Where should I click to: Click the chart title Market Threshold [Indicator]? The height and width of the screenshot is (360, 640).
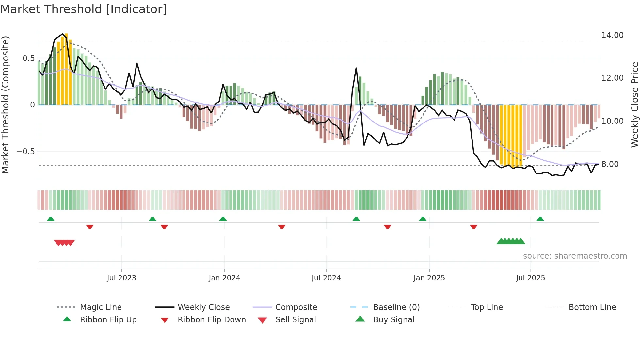(x=84, y=9)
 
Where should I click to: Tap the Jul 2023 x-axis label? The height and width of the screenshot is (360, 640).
(x=121, y=278)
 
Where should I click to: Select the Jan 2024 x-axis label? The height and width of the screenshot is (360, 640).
(x=224, y=278)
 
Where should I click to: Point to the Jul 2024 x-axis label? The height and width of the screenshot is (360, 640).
(x=326, y=278)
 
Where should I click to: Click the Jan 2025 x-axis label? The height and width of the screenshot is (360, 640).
(x=429, y=278)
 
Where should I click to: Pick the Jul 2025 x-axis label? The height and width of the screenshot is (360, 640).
(x=531, y=278)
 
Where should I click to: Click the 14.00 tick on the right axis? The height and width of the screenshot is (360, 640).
(x=612, y=35)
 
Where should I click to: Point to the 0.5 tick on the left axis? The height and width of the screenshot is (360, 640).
(x=28, y=58)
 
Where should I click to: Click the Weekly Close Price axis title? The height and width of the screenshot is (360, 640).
(x=634, y=105)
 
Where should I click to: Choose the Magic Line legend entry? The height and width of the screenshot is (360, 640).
(x=101, y=307)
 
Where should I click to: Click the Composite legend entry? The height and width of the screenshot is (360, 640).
(x=296, y=307)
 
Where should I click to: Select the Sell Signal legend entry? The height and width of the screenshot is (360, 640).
(x=295, y=320)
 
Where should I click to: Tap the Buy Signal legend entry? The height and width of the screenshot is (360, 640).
(x=393, y=320)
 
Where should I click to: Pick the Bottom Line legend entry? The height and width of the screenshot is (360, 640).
(x=592, y=307)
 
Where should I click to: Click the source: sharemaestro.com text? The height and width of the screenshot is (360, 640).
(x=575, y=256)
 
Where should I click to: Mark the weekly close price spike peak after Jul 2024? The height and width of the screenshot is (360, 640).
(x=356, y=68)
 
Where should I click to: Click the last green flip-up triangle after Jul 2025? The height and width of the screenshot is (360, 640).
(x=540, y=219)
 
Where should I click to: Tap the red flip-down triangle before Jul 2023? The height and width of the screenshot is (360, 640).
(x=90, y=227)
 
